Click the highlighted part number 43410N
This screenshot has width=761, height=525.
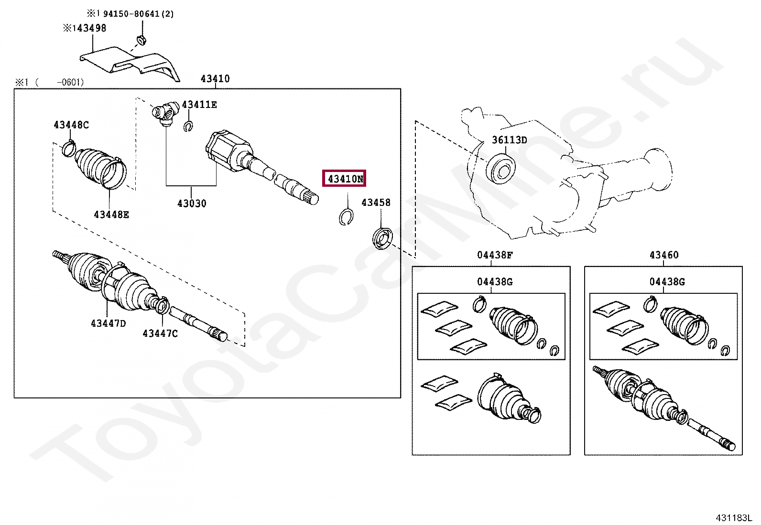(x=344, y=179)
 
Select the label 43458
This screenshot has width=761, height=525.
(x=376, y=203)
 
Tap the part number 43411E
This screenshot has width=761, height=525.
(x=199, y=105)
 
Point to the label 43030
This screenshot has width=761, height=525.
(x=192, y=204)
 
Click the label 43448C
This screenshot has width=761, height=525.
(x=71, y=125)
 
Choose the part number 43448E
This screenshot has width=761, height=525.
(x=111, y=214)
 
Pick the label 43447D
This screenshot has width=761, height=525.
(x=108, y=323)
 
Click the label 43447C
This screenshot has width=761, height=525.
(x=160, y=333)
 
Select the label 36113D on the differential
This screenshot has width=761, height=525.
(x=509, y=140)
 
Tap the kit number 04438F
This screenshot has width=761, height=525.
(x=494, y=255)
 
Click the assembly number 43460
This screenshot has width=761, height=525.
(x=663, y=255)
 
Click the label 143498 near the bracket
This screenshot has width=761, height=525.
(x=88, y=28)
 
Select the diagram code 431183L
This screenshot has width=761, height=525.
(x=733, y=518)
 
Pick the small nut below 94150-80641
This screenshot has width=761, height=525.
(x=141, y=40)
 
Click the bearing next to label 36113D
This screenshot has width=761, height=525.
(x=500, y=168)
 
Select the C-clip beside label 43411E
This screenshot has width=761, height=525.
(x=188, y=127)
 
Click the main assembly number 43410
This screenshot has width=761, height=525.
(x=215, y=79)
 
